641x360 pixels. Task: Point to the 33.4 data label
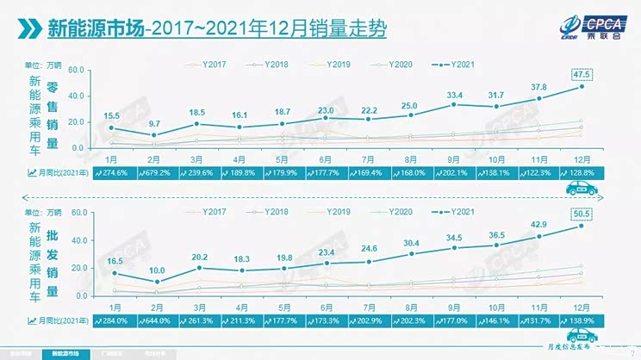(455, 94)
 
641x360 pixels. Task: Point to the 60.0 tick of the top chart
(76, 71)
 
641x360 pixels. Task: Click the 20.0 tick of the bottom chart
(76, 268)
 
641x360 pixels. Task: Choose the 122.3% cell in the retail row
(540, 172)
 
